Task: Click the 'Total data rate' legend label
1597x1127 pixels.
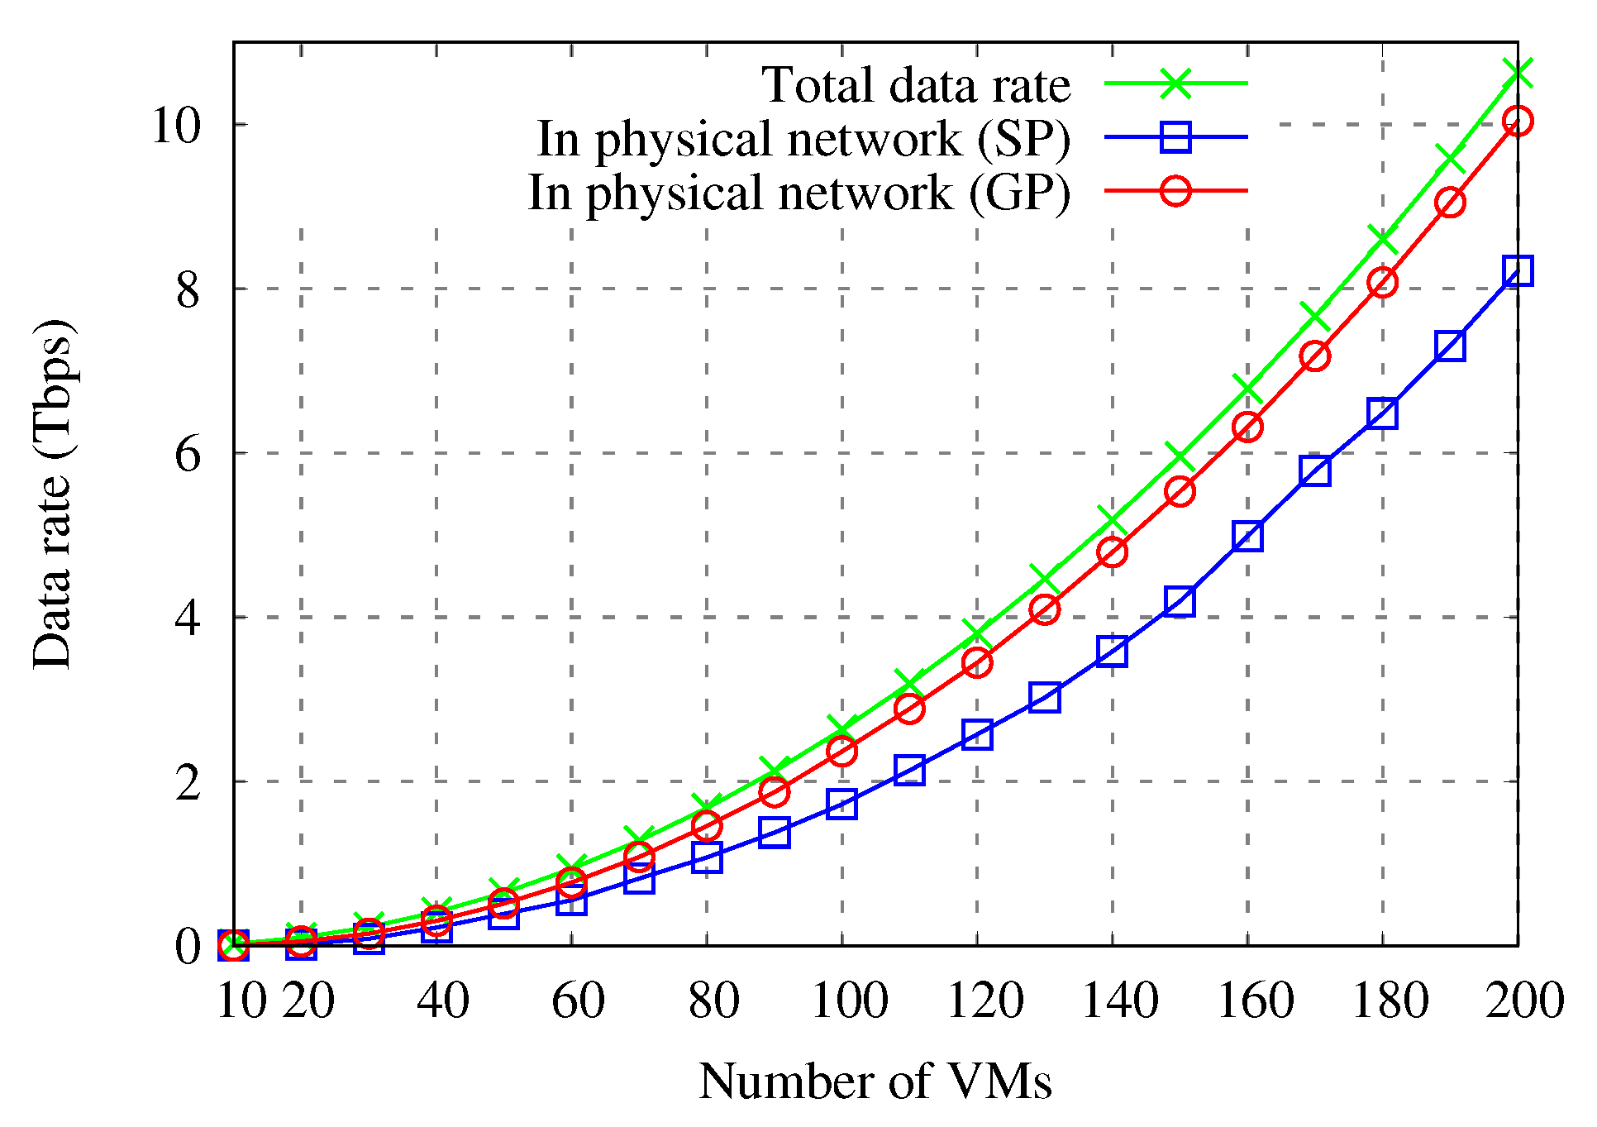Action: tap(915, 85)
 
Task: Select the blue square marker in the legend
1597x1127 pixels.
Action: tap(1175, 137)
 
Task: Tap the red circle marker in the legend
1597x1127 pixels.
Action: tap(1175, 191)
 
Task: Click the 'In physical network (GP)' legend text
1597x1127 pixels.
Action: tap(798, 193)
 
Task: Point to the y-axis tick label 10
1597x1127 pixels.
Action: tap(176, 126)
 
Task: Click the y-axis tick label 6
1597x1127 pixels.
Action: tap(188, 454)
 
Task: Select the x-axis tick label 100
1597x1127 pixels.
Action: tap(849, 1000)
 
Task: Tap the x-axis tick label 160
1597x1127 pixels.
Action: tap(1255, 1000)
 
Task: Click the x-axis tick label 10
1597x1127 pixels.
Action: tap(241, 1000)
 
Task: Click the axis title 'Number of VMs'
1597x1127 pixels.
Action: tap(875, 1081)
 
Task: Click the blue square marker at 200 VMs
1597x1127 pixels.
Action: tap(1518, 270)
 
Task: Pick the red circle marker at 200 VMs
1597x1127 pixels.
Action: tap(1518, 121)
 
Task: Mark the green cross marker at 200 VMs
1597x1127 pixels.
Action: tap(1518, 73)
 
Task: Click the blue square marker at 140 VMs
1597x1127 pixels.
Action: tap(1113, 652)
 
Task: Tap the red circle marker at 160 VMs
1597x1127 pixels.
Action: tap(1247, 427)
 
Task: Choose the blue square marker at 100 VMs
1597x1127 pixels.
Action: tap(841, 804)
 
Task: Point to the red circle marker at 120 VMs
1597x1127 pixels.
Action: tap(977, 662)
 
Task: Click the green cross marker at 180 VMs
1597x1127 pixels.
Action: tap(1383, 239)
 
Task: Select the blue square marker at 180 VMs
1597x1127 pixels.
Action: tap(1383, 413)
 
